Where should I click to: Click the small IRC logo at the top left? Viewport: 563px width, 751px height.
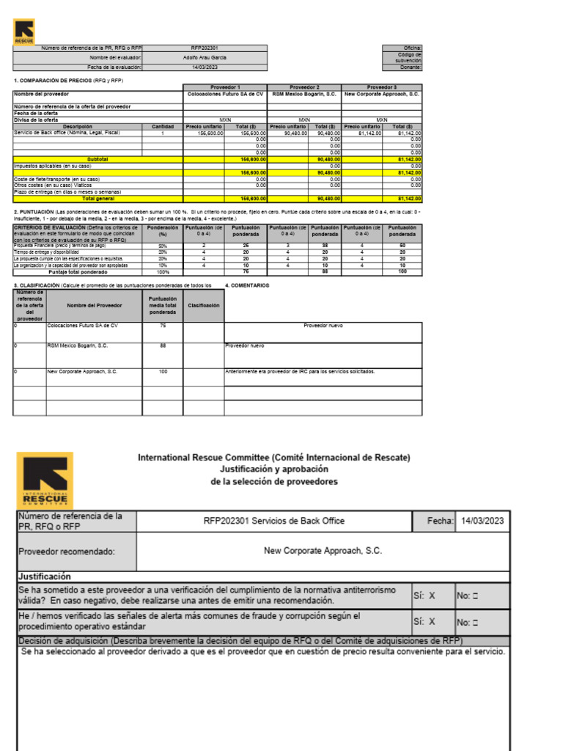coord(24,31)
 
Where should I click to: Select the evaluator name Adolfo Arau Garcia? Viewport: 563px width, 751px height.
coord(205,57)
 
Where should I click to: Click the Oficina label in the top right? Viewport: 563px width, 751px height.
coord(413,48)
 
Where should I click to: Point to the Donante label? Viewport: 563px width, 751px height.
coord(411,67)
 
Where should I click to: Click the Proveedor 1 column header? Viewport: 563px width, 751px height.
coord(225,87)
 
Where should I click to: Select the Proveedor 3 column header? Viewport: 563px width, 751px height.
coord(382,87)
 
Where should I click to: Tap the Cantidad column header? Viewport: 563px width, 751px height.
coord(163,126)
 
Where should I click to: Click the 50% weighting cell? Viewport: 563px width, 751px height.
coord(163,246)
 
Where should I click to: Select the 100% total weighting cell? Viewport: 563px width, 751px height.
coord(163,271)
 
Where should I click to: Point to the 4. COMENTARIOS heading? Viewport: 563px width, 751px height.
coord(248,285)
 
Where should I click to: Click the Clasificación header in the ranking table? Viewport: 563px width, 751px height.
coord(204,305)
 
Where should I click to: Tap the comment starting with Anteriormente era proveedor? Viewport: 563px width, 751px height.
coord(300,372)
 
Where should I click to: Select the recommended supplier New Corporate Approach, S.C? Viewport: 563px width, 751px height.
coord(323,550)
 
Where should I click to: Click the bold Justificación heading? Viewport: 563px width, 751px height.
coord(44,576)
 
